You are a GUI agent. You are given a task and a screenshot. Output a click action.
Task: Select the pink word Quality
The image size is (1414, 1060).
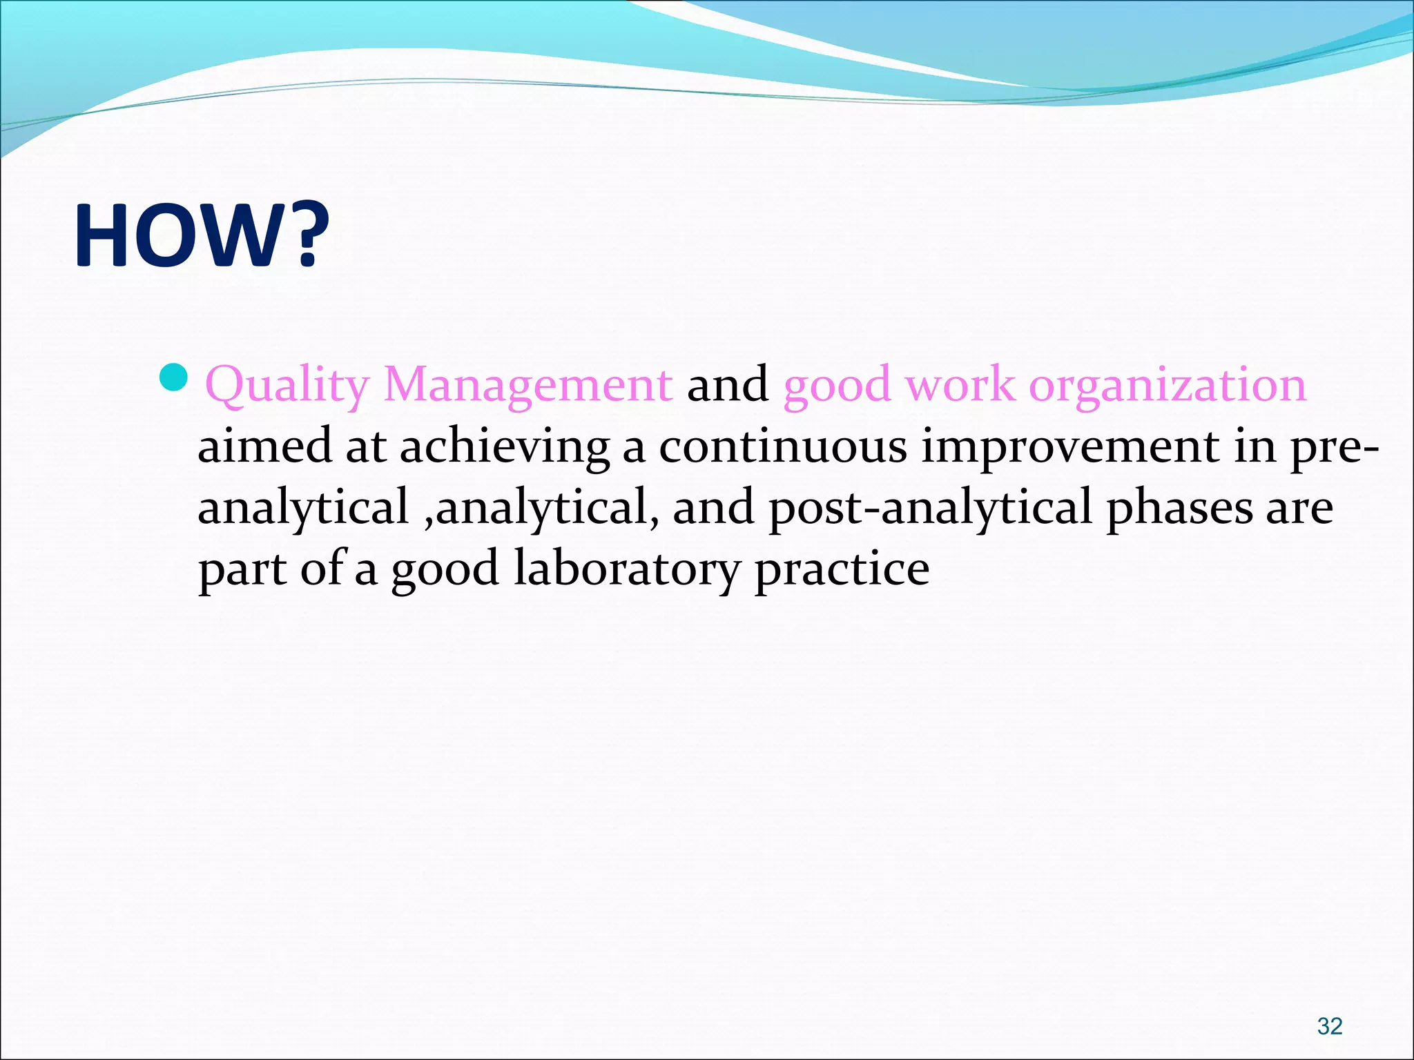(287, 386)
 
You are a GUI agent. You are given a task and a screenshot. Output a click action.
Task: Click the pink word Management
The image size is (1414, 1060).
(527, 386)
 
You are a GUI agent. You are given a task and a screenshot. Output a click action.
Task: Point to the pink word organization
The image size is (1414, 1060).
(1167, 386)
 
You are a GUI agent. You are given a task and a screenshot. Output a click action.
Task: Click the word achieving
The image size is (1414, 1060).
(505, 447)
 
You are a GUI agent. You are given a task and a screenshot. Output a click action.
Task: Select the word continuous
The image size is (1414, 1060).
(782, 446)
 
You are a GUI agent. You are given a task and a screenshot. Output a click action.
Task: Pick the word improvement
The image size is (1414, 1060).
(1071, 446)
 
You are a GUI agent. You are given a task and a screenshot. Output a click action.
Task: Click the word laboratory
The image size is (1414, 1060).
(626, 569)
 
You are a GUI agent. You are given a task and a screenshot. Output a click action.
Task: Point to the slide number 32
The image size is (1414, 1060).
(1329, 1025)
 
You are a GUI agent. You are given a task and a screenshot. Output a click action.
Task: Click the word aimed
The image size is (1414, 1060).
(264, 446)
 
